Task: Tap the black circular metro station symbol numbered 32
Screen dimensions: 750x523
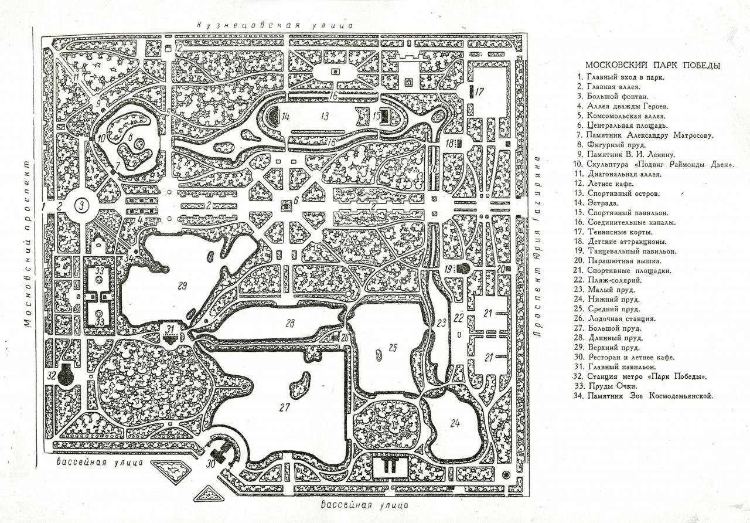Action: (x=66, y=375)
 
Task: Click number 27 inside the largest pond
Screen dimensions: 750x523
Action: (x=284, y=407)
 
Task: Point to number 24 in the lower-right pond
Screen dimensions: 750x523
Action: (x=455, y=424)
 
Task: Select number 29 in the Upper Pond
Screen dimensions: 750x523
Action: (x=182, y=286)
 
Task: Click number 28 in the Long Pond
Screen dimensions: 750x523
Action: (x=290, y=323)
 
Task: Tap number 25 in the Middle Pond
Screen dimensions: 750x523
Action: (x=393, y=348)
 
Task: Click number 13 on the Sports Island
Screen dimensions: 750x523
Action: (x=325, y=116)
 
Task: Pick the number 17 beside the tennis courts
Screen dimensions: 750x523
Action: (x=479, y=91)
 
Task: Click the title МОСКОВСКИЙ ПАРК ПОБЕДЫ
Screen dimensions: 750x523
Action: (x=652, y=65)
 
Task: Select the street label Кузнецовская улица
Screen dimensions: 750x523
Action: (x=275, y=25)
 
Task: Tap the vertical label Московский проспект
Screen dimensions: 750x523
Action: (x=28, y=244)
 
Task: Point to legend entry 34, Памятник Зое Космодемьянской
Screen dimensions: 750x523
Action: (x=643, y=396)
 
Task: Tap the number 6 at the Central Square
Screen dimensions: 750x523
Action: (x=296, y=201)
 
